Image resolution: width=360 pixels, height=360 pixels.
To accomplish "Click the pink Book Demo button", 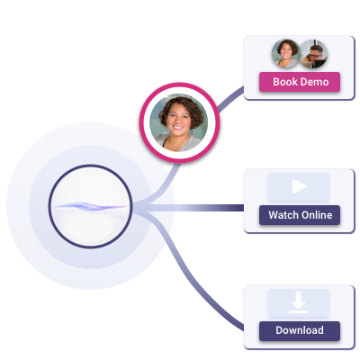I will pos(300,82).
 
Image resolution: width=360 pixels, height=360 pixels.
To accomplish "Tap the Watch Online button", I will pos(300,215).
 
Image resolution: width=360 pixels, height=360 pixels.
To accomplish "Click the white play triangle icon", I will pos(300,187).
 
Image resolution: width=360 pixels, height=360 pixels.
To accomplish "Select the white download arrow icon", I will pos(300,301).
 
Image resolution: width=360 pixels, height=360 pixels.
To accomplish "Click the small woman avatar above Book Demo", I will pos(286,53).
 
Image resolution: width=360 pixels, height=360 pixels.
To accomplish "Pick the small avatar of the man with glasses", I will pos(312,53).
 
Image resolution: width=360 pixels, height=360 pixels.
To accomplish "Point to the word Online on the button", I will pos(315,215).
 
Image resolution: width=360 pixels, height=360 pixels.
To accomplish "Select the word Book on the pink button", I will pos(285,82).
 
